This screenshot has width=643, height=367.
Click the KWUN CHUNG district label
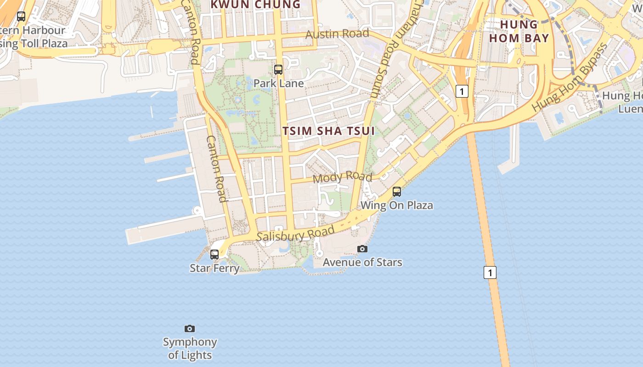pos(255,5)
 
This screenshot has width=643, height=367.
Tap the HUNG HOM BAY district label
pos(519,31)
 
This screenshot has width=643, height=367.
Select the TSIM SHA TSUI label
pos(328,131)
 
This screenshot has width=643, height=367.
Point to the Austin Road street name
pos(337,33)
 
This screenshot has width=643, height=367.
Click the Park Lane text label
pos(278,83)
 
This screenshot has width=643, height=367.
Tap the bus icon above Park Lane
pos(278,70)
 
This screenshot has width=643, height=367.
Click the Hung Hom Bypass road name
pos(570,77)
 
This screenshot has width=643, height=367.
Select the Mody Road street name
pos(342,177)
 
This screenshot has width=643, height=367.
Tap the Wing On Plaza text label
pos(397,205)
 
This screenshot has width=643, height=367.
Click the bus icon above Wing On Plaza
pos(397,192)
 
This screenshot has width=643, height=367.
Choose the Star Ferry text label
pos(214,268)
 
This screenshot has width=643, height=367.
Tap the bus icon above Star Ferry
pos(214,254)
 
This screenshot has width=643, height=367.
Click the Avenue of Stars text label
pos(362,262)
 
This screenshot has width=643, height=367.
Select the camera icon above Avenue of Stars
pos(362,249)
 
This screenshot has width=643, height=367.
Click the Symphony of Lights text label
pos(190,348)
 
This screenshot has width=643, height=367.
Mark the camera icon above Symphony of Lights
pos(190,328)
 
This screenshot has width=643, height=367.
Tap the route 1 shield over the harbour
pos(490,272)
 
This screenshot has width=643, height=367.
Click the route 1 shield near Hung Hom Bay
pos(462,91)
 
